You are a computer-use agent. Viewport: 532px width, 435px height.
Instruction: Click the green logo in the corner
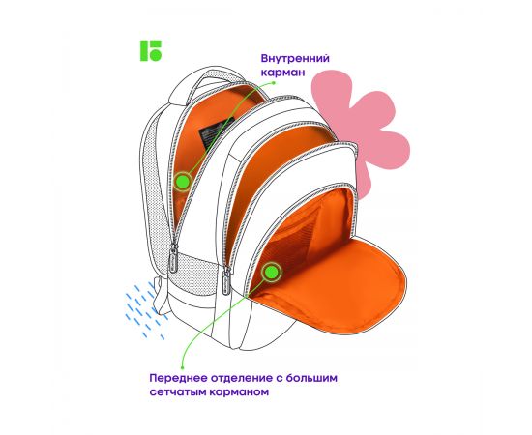pyautogui.click(x=151, y=51)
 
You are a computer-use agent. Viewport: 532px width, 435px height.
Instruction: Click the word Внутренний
pyautogui.click(x=295, y=58)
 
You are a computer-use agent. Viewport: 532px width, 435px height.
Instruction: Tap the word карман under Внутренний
pyautogui.click(x=282, y=72)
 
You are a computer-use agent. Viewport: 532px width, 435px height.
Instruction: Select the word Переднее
pyautogui.click(x=179, y=378)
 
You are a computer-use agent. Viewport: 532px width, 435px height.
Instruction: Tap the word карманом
pyautogui.click(x=239, y=392)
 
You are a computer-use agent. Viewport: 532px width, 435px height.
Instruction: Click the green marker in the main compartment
pyautogui.click(x=183, y=182)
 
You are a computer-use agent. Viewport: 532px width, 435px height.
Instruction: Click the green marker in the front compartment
pyautogui.click(x=272, y=272)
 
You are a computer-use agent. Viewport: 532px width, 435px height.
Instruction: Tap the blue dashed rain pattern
pyautogui.click(x=144, y=311)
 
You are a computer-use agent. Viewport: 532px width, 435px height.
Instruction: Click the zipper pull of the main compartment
pyautogui.click(x=174, y=258)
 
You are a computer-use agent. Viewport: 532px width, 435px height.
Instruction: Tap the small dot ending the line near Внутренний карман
pyautogui.click(x=274, y=82)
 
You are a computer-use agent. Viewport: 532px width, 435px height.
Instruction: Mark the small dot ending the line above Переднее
pyautogui.click(x=183, y=367)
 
